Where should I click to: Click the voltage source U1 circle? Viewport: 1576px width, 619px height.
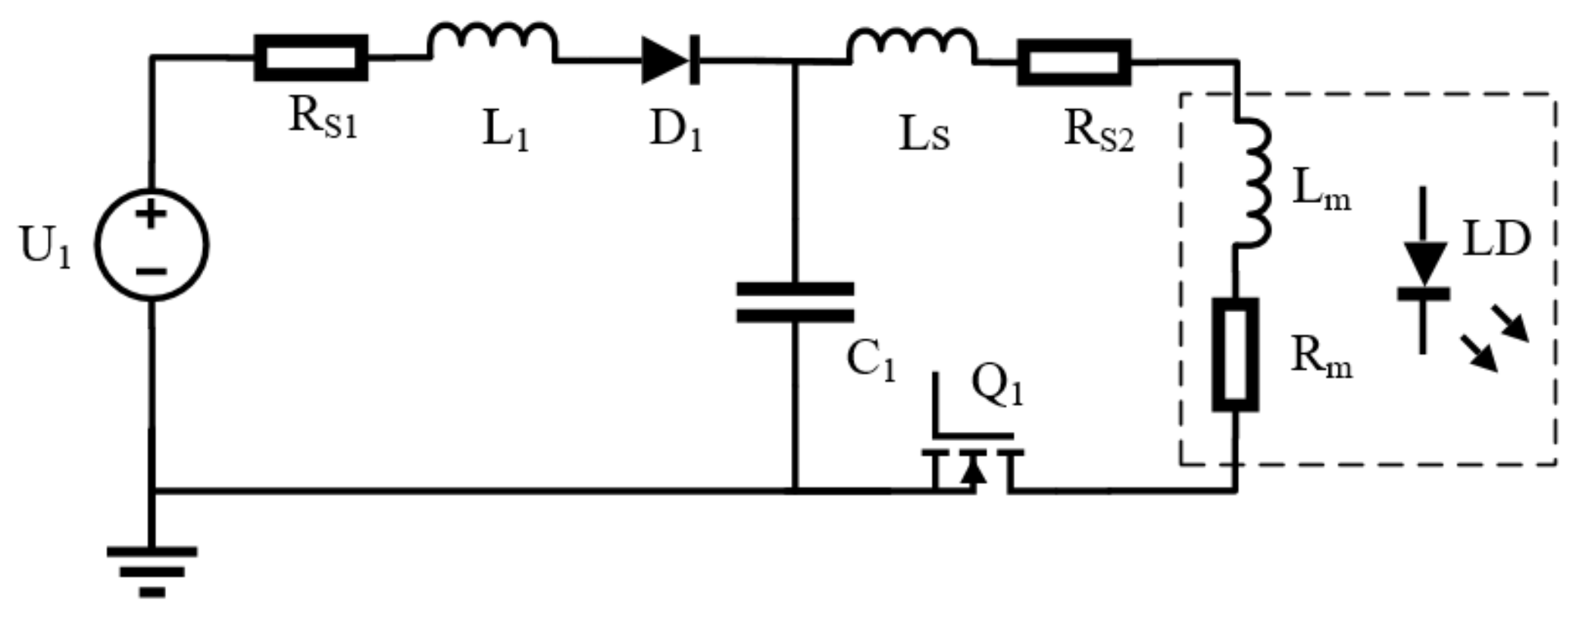(152, 244)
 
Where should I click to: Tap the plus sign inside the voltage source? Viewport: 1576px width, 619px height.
(152, 214)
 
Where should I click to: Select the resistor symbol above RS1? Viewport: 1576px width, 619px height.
(311, 58)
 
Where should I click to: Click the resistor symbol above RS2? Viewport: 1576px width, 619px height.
(1074, 62)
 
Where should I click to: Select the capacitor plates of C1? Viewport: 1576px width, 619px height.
(795, 302)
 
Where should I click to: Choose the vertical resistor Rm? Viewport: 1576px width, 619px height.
(1235, 355)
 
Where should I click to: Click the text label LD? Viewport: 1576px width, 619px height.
(1496, 239)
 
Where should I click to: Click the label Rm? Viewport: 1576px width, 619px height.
(1320, 356)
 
